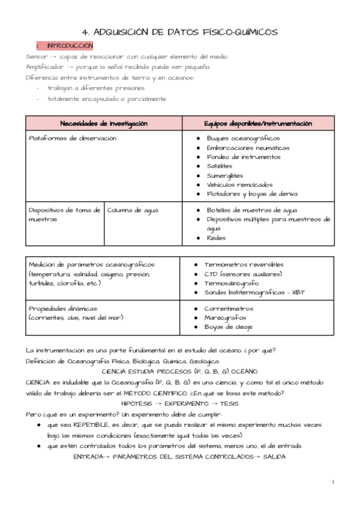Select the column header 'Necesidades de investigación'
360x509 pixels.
click(103, 124)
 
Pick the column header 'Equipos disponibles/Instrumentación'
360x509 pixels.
click(257, 124)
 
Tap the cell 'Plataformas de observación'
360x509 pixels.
click(72, 138)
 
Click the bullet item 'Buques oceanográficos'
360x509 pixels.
click(243, 138)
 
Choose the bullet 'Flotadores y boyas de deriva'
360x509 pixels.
click(252, 193)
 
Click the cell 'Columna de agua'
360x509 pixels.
click(133, 210)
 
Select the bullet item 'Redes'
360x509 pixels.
click(216, 238)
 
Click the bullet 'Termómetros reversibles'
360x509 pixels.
click(244, 264)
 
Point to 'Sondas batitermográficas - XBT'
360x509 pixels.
click(255, 292)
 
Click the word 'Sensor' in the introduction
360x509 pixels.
click(37, 56)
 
